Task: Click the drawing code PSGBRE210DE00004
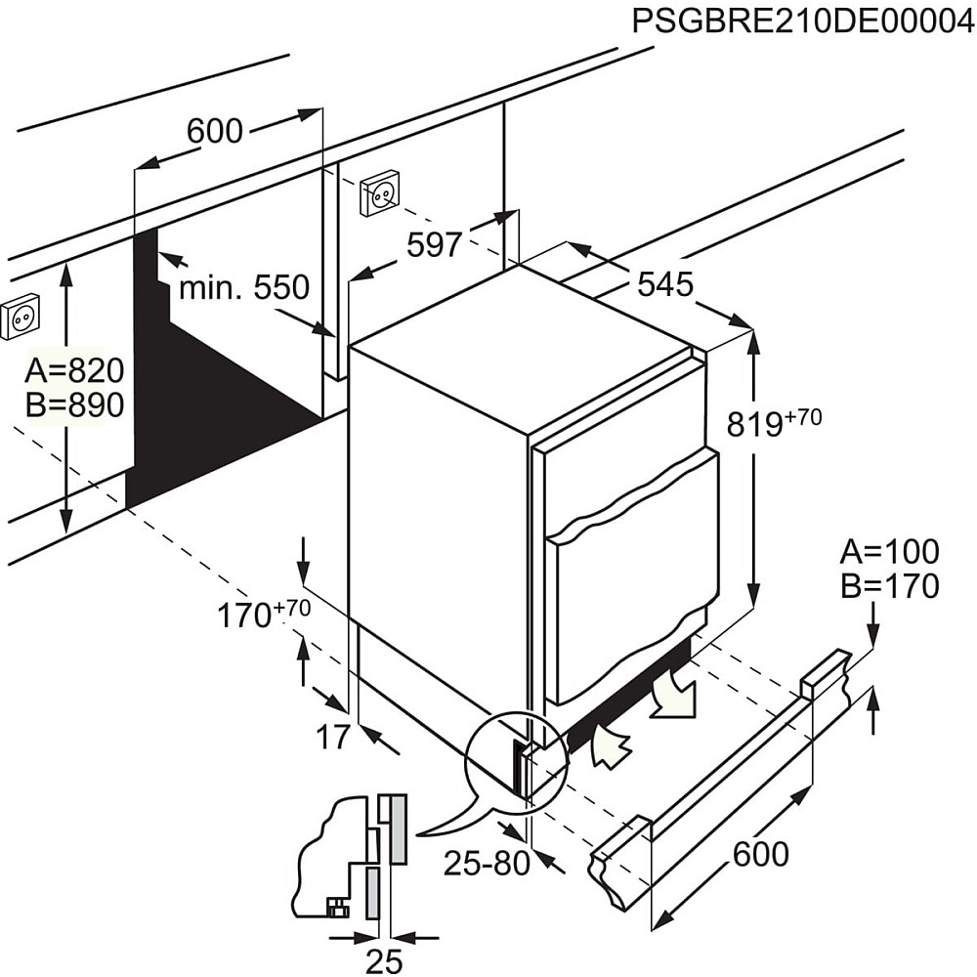802,21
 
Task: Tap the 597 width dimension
434,244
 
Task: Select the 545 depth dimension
664,284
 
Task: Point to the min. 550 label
243,287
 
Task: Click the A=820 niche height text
75,370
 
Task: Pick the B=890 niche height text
75,404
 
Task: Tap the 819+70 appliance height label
773,422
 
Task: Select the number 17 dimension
333,738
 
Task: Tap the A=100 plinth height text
889,552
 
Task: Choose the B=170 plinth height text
889,586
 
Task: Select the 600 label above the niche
214,131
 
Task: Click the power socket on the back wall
379,193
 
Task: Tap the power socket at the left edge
19,317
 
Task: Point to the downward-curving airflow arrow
673,696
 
